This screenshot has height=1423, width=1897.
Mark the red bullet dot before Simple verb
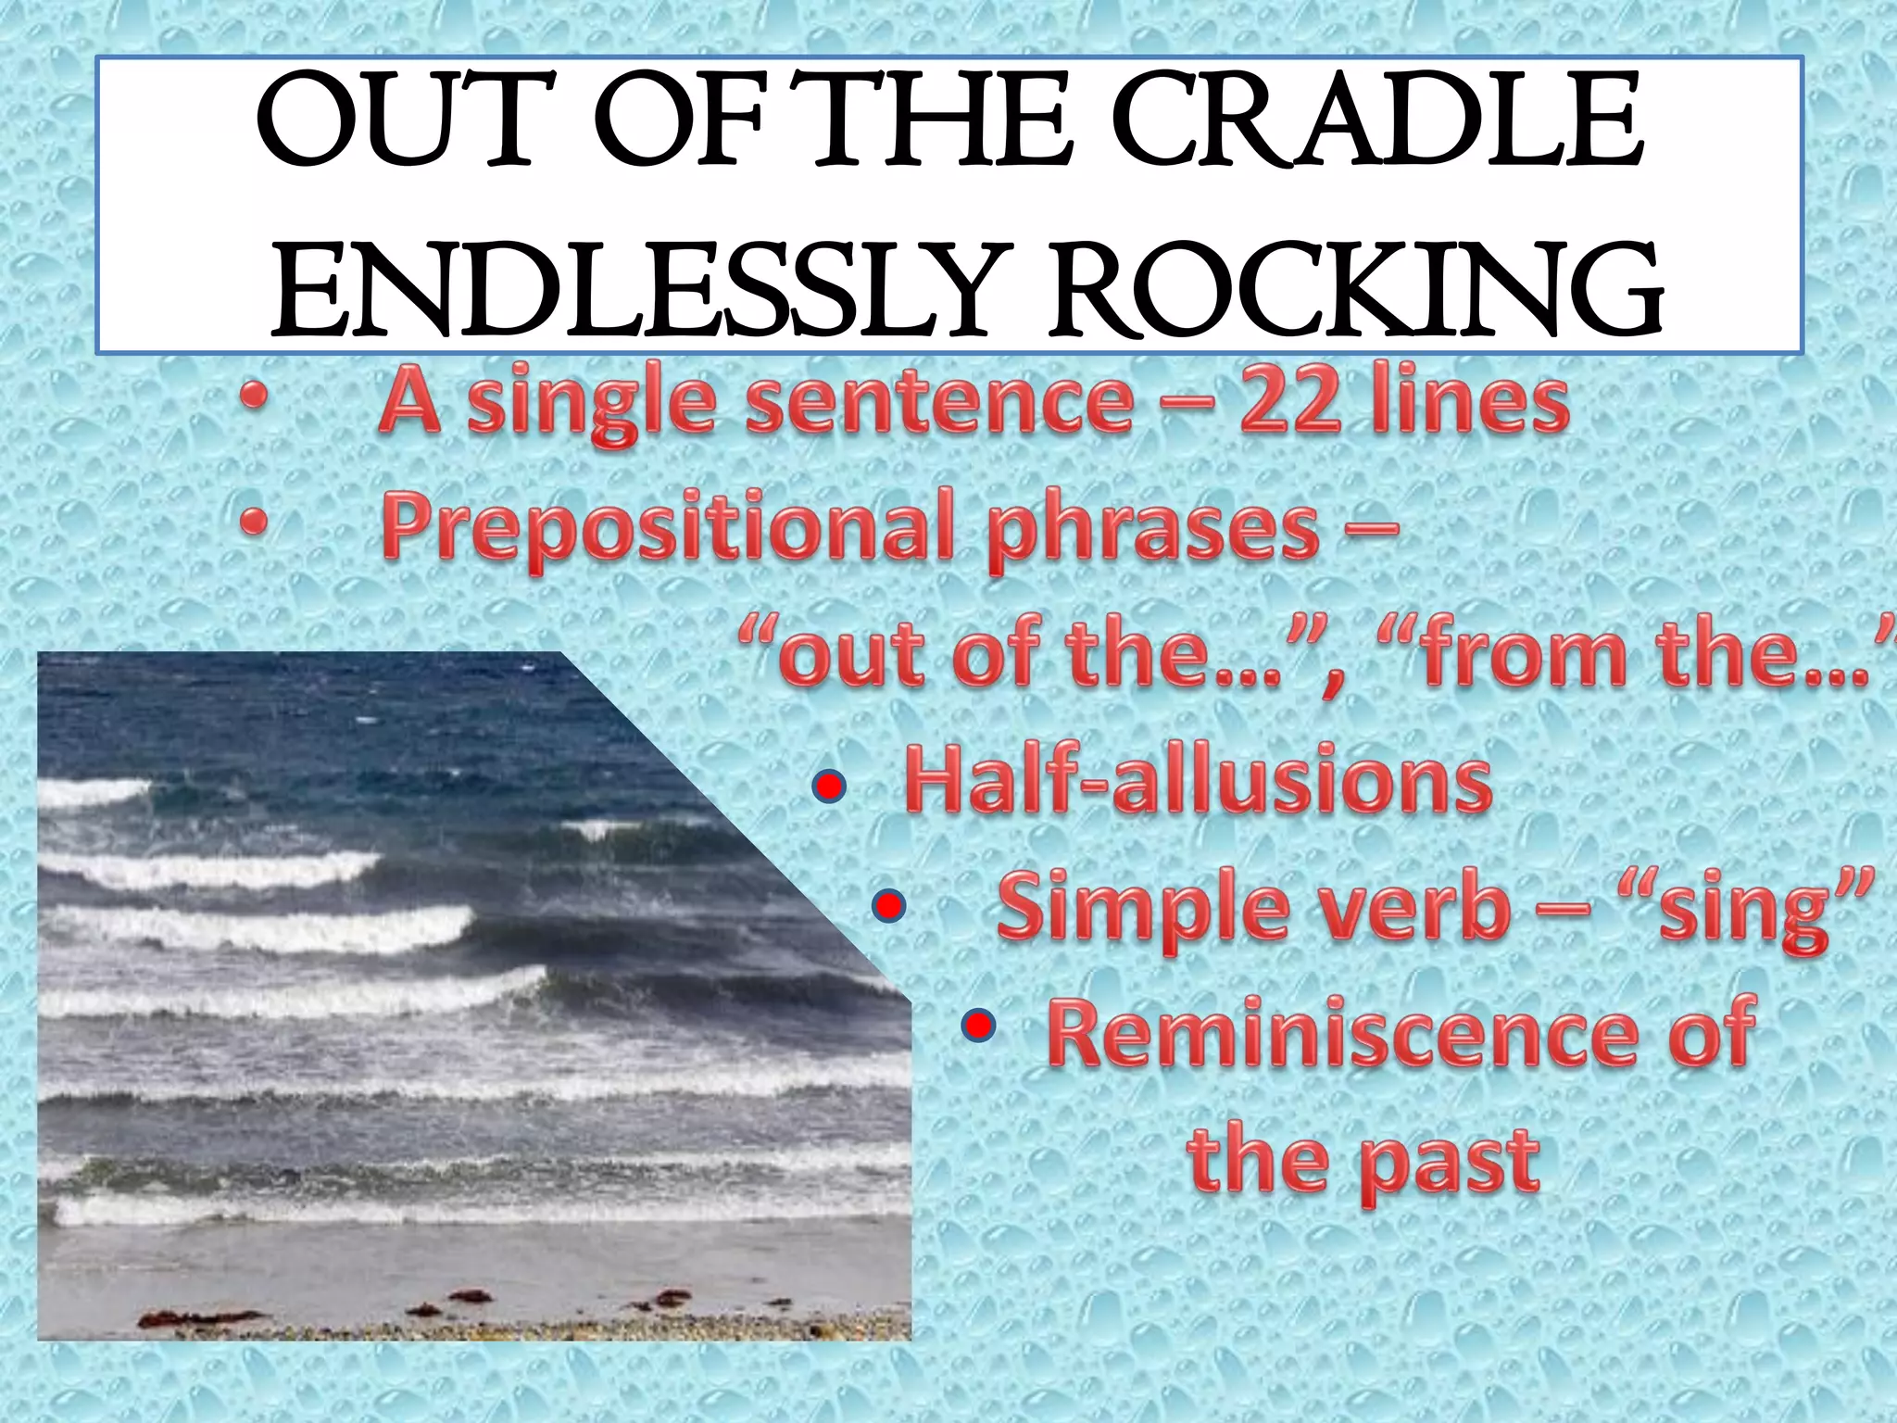pyautogui.click(x=888, y=906)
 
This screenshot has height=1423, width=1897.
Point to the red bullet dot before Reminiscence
pyautogui.click(x=976, y=1025)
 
